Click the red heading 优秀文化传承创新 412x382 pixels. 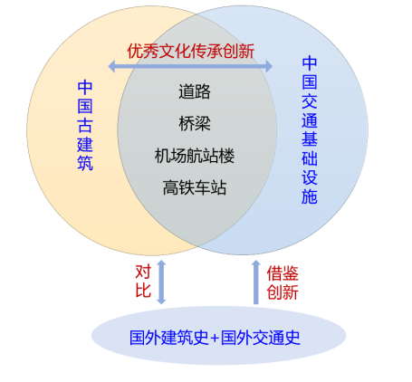pyautogui.click(x=191, y=51)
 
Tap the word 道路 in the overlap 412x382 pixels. pyautogui.click(x=195, y=91)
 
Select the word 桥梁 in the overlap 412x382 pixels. pyautogui.click(x=195, y=123)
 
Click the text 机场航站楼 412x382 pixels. pyautogui.click(x=195, y=156)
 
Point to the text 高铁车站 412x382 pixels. pyautogui.click(x=195, y=187)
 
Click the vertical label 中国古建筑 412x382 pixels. pyautogui.click(x=85, y=125)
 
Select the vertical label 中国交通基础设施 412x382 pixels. pyautogui.click(x=310, y=130)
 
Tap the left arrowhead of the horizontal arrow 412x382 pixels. pyautogui.click(x=111, y=66)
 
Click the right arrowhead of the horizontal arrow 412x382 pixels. pyautogui.click(x=269, y=66)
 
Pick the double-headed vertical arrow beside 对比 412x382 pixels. pyautogui.click(x=161, y=282)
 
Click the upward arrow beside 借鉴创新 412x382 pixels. pyautogui.click(x=256, y=282)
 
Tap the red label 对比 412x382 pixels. pyautogui.click(x=143, y=282)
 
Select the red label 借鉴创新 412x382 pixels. pyautogui.click(x=283, y=282)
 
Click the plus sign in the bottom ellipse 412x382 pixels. pyautogui.click(x=215, y=339)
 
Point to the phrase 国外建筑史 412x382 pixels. pyautogui.click(x=169, y=338)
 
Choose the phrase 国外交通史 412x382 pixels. pyautogui.click(x=261, y=338)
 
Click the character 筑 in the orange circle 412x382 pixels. pyautogui.click(x=85, y=163)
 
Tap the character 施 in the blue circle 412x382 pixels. pyautogui.click(x=310, y=197)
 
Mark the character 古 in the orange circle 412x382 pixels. pyautogui.click(x=85, y=125)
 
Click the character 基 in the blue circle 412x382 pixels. pyautogui.click(x=310, y=138)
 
